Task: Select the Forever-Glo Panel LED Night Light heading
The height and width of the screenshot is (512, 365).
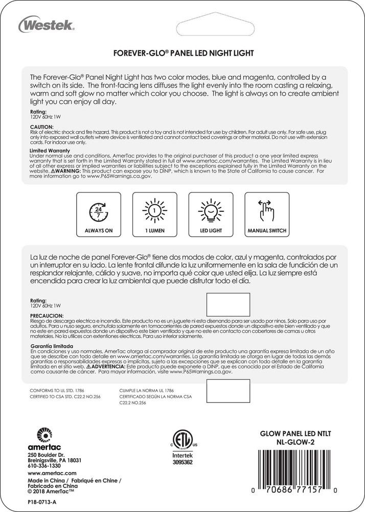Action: pos(182,53)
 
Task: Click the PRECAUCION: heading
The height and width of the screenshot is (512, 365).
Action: pos(47,315)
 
